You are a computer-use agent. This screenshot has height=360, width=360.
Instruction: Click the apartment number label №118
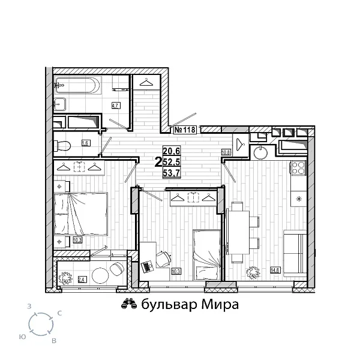tap(185, 129)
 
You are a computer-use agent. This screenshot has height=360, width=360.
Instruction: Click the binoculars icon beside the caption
tap(126, 304)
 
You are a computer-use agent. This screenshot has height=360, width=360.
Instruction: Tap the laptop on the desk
tap(146, 264)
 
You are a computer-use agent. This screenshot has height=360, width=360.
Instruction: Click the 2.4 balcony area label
tap(82, 279)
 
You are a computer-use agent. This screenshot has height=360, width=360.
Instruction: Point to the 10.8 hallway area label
tap(226, 152)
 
